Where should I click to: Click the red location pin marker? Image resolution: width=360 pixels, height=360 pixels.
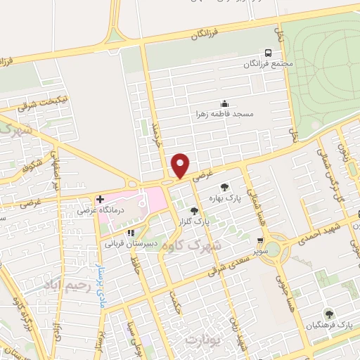pos(181,165)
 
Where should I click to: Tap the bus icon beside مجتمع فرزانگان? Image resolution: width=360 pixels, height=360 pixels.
pos(267,53)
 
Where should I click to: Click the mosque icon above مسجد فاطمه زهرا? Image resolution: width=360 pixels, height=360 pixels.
pos(224,103)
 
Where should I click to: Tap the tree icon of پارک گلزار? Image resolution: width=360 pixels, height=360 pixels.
pos(194,210)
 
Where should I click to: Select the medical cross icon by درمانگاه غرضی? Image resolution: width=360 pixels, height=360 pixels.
pos(100,199)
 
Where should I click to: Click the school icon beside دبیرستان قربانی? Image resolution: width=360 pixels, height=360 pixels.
pos(130,233)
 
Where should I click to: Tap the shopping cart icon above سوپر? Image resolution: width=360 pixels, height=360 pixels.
pos(260,240)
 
